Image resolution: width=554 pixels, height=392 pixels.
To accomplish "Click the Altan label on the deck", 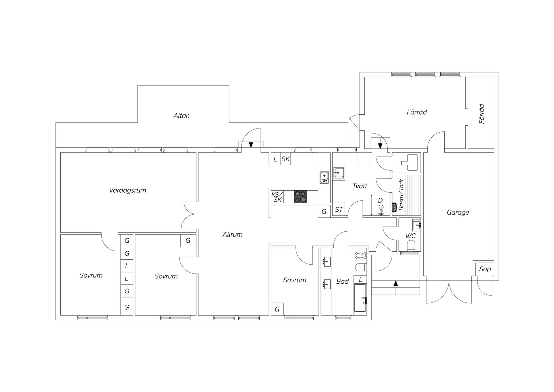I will point(181,116).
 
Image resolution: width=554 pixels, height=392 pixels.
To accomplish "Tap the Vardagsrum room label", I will point(128,190).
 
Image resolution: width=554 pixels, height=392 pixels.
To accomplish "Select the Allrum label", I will point(233,235).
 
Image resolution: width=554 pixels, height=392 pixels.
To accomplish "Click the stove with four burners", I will point(301,196).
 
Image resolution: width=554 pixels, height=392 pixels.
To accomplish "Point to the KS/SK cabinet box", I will point(277,197).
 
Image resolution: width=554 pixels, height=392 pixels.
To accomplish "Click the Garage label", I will point(458,213).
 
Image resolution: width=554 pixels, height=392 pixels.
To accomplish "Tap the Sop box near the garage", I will point(485,269).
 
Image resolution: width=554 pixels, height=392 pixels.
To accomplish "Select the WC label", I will point(410,236).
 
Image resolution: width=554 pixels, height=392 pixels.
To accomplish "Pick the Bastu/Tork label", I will point(401,193).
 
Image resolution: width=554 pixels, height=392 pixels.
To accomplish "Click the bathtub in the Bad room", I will point(360,298).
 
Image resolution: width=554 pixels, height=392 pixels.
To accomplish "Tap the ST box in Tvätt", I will point(339,209).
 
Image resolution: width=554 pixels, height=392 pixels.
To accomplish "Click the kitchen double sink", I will point(324,177).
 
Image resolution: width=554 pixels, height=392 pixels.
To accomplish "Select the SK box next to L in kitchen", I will point(286,159).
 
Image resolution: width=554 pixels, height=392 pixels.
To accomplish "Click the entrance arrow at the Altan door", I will point(251,145).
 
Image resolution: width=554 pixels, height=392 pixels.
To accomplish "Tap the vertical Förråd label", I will point(482,114).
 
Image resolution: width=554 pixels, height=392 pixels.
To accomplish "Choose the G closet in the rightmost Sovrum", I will point(277,309).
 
